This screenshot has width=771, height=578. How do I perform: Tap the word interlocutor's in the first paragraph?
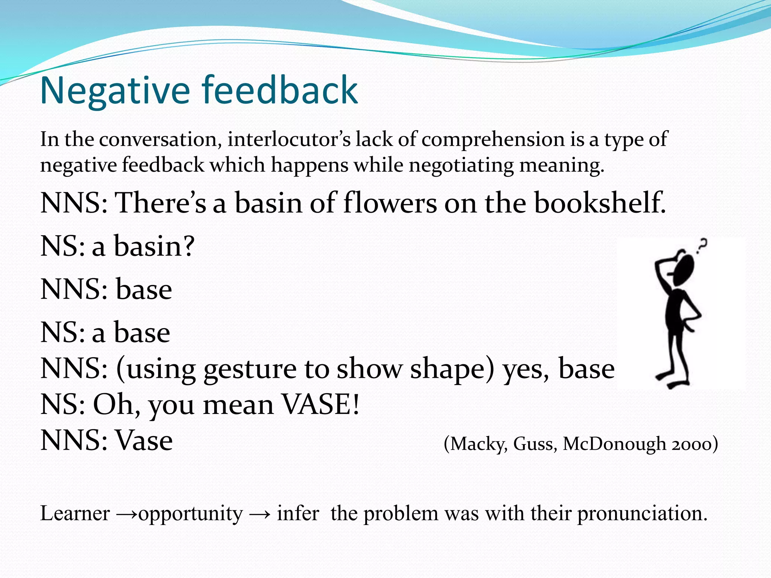point(289,140)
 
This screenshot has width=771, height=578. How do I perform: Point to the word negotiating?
point(461,166)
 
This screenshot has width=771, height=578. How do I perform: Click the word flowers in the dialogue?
point(390,203)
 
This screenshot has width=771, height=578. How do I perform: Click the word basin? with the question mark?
point(154,246)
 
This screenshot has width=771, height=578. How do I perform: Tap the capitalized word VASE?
point(321,405)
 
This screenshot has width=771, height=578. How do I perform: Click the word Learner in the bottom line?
point(75,514)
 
